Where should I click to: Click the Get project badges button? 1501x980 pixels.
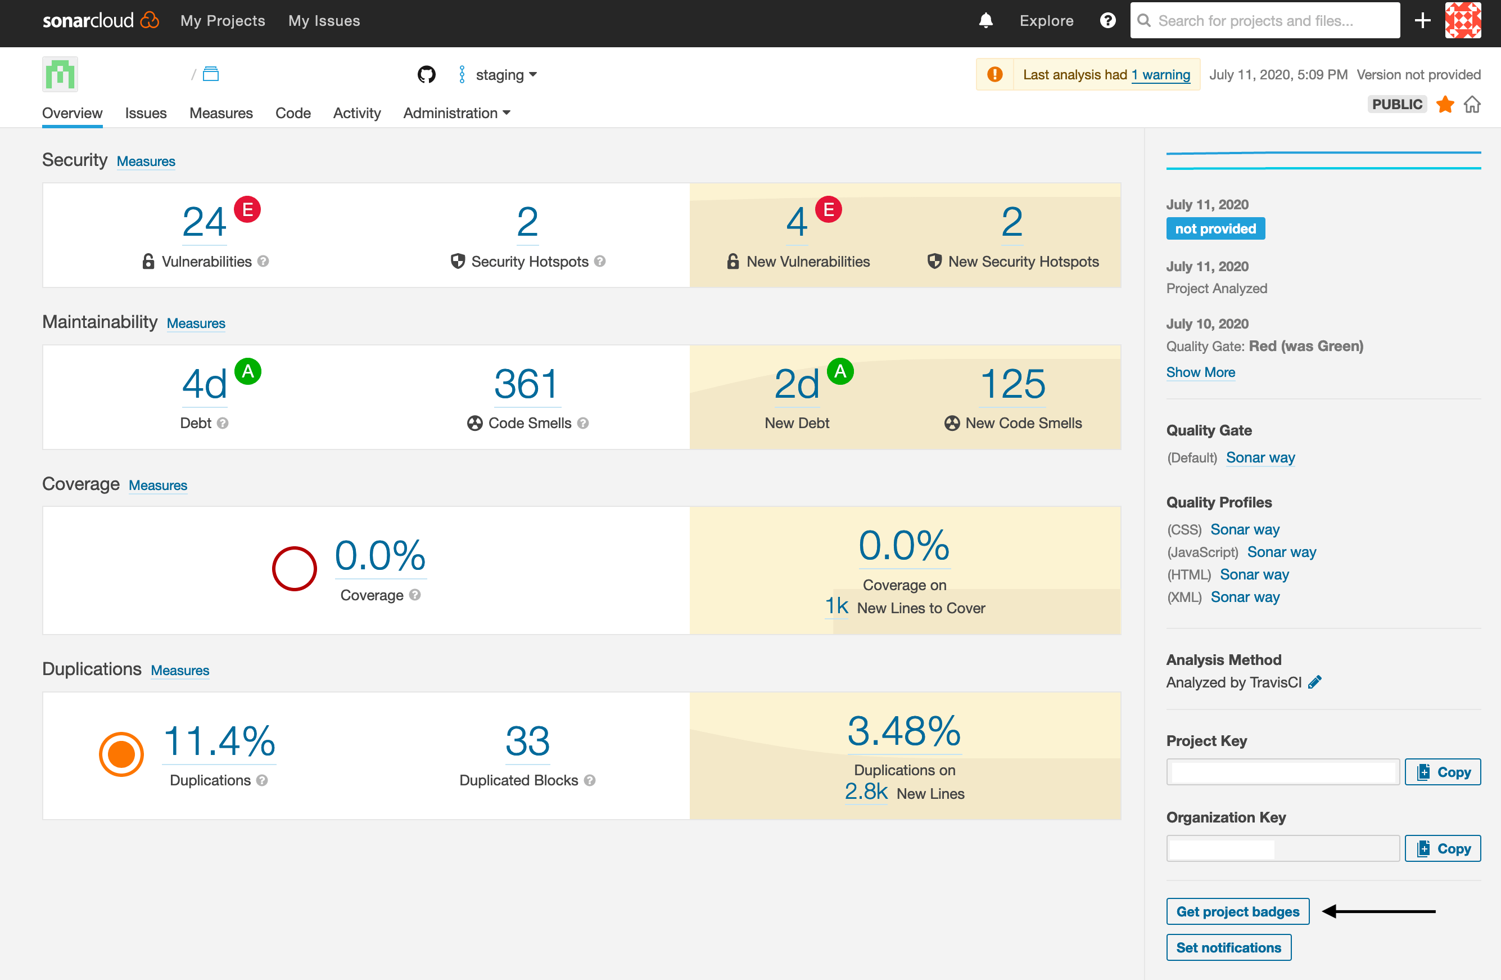point(1237,911)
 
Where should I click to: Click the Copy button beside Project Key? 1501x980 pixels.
point(1443,772)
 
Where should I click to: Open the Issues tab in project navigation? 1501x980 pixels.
point(146,113)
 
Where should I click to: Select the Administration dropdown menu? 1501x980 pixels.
point(456,113)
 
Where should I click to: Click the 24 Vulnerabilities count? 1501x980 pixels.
point(204,222)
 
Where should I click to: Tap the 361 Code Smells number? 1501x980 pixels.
point(527,384)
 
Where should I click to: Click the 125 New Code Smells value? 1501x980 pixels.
point(1012,384)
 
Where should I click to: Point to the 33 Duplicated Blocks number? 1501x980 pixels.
point(527,741)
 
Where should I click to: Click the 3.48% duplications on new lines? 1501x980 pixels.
point(904,731)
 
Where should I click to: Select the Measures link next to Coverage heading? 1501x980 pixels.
point(157,485)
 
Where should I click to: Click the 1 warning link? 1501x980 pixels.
point(1160,75)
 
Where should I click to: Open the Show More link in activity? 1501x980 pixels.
point(1200,372)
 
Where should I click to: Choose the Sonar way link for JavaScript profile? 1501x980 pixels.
point(1282,552)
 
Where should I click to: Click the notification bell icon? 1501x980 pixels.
point(985,21)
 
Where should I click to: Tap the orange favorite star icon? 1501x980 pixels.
point(1445,104)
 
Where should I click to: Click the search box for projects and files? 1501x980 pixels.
point(1264,21)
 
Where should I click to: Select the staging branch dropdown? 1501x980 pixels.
point(504,75)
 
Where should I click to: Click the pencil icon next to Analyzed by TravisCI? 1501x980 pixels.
point(1314,682)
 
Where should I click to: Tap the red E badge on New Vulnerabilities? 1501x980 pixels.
point(828,209)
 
